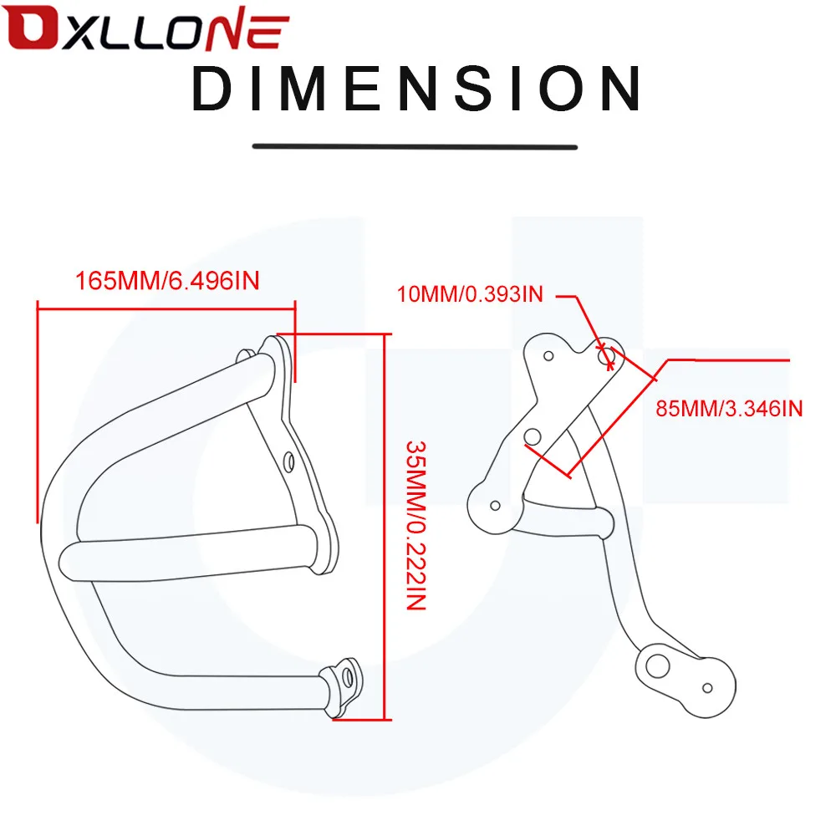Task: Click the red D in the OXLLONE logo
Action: pos(32,28)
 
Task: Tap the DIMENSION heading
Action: pos(416,89)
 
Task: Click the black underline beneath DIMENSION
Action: pos(415,146)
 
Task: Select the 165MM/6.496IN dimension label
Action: pos(167,281)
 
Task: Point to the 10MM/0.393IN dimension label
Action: pos(470,294)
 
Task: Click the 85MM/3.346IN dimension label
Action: pos(729,409)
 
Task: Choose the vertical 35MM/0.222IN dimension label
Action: pos(416,525)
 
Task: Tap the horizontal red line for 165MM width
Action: pos(166,308)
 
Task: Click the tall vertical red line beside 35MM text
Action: pos(385,527)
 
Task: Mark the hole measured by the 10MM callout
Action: pos(606,355)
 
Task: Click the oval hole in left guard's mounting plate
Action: pos(289,461)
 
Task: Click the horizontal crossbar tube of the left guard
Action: pos(189,553)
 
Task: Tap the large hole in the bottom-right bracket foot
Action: pos(657,666)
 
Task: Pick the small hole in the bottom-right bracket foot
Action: pos(707,688)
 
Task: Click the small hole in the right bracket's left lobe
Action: pos(495,506)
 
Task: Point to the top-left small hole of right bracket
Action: pos(548,355)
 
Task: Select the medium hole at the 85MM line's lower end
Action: pos(533,436)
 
